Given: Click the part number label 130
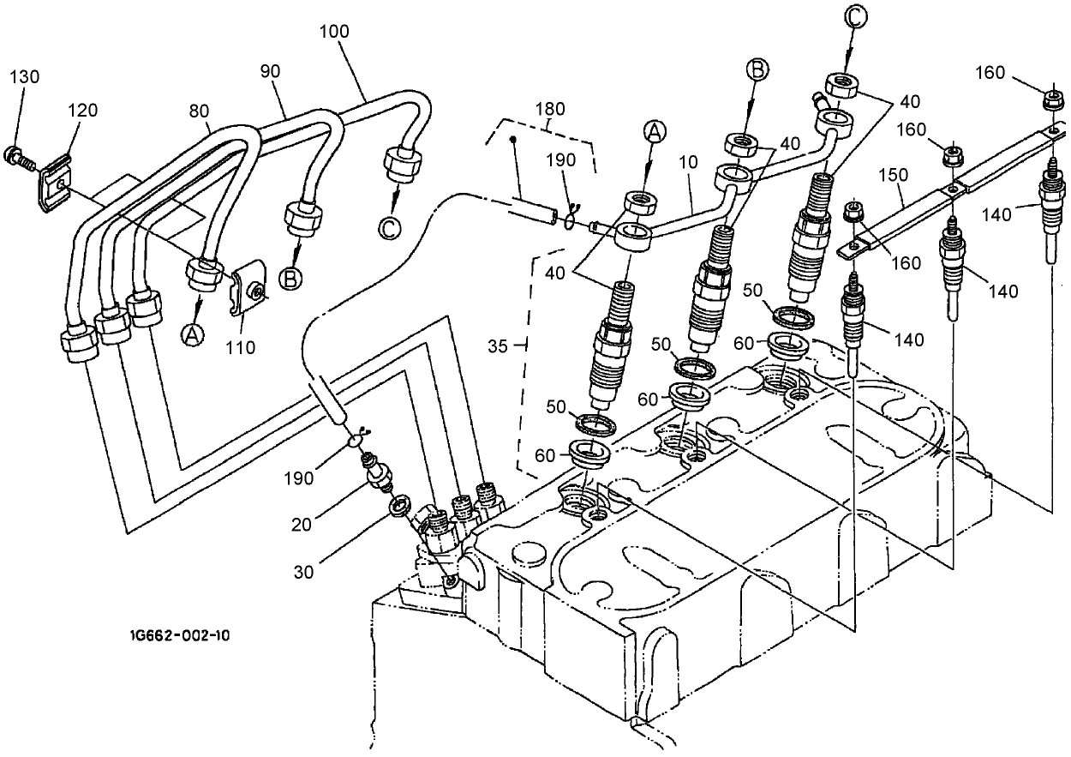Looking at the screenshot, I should (x=25, y=76).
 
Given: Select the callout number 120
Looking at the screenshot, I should (x=82, y=110).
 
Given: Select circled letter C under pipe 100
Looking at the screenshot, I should (x=388, y=228).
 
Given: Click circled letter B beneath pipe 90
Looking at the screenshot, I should (x=291, y=278).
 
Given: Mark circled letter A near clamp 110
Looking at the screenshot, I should (x=192, y=336).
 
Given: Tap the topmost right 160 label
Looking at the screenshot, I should (x=990, y=73).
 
